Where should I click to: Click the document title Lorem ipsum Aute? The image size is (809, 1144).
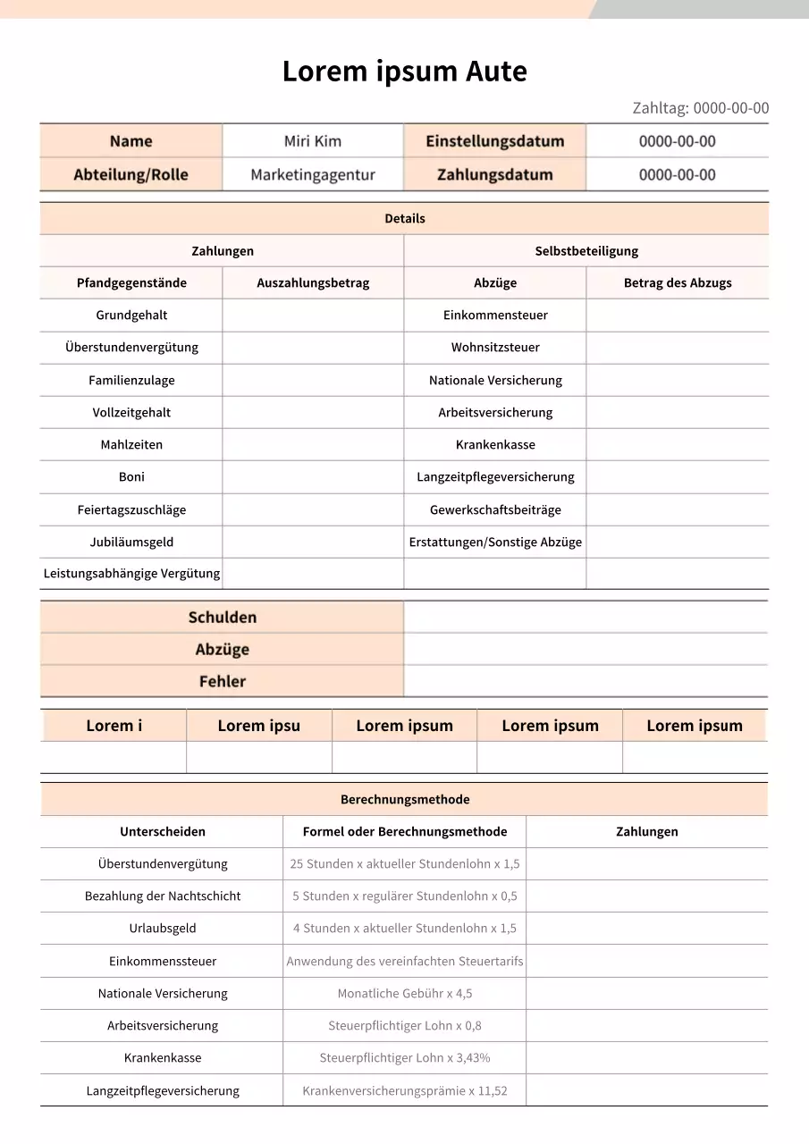[x=404, y=71]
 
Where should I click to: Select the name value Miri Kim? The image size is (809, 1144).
[x=312, y=141]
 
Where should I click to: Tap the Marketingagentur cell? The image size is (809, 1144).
[x=312, y=175]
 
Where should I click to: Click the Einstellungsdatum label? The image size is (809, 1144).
[x=494, y=141]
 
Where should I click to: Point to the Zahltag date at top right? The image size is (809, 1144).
[x=700, y=108]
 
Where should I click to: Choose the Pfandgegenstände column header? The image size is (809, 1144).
[x=131, y=282]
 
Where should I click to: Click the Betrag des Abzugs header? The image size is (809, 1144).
[x=677, y=282]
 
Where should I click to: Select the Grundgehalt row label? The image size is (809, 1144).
[x=131, y=315]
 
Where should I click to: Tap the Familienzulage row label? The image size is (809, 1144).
[x=131, y=381]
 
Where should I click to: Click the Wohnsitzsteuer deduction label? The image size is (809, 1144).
[x=495, y=348]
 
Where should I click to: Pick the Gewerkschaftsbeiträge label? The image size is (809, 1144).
[x=495, y=510]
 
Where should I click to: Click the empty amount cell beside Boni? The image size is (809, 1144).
[x=313, y=477]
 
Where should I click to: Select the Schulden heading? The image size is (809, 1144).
[x=222, y=618]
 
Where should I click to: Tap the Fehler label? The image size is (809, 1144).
[x=222, y=682]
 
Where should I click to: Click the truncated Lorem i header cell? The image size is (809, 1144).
[x=114, y=726]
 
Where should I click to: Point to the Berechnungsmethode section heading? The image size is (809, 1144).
[x=404, y=800]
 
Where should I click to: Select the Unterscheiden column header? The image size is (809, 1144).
[x=162, y=832]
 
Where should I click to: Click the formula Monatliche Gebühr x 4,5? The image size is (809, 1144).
[x=404, y=994]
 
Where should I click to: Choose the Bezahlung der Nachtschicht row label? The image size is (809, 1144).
[x=162, y=896]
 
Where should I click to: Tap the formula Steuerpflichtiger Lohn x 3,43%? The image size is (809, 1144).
[x=404, y=1058]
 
